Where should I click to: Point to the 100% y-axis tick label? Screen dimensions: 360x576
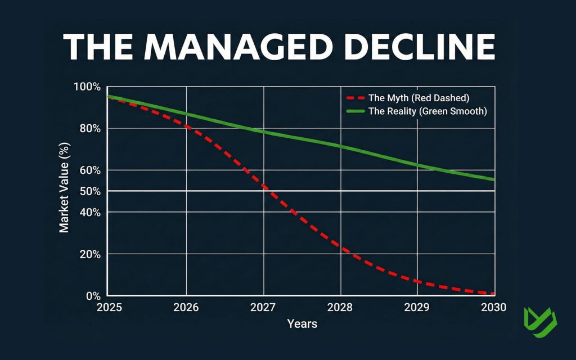[87, 87]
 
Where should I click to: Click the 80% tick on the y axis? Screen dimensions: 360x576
[90, 129]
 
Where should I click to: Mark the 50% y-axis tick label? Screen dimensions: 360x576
[90, 192]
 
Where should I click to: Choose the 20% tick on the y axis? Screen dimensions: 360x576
[90, 254]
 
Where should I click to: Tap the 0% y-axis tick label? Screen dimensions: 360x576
[93, 296]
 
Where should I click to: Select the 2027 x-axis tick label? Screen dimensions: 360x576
[263, 308]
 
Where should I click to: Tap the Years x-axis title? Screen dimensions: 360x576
[302, 324]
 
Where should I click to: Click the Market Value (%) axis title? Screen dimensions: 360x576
[64, 191]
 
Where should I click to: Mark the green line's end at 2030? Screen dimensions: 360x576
[494, 179]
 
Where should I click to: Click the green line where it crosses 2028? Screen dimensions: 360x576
[340, 147]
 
